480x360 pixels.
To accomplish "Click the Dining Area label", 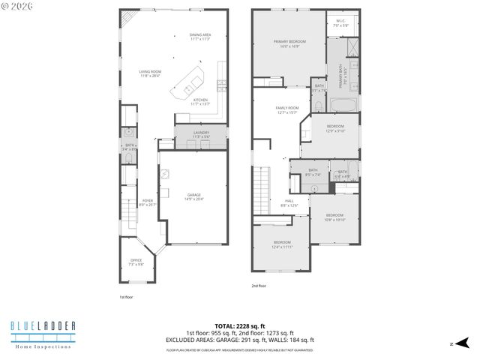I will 199,34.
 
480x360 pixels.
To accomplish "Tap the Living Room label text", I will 150,73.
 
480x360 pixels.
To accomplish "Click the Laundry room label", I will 200,133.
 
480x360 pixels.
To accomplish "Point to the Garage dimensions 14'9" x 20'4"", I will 193,199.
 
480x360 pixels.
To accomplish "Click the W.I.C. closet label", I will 340,21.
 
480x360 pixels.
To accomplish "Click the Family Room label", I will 287,109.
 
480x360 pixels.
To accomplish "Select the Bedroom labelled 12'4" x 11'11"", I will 282,243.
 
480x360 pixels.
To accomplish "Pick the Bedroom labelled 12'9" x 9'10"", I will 334,127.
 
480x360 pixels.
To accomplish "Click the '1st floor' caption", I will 126,297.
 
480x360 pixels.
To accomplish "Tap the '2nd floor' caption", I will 259,286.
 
